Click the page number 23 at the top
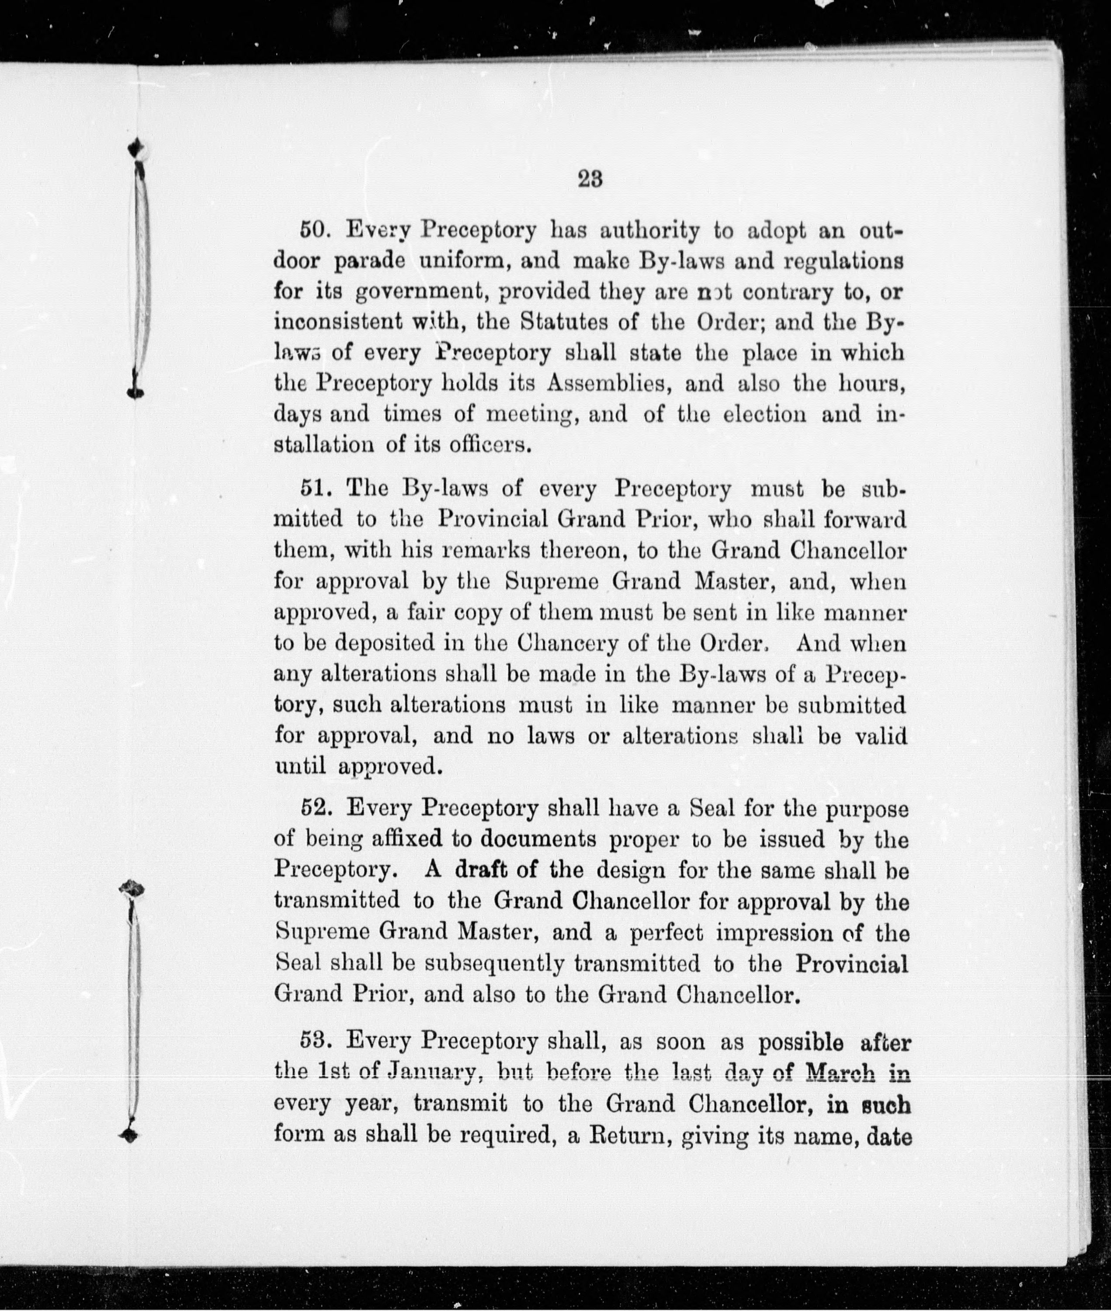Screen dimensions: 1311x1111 coord(590,180)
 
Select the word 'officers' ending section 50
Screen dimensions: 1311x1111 coord(489,445)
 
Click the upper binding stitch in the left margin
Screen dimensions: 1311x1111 coord(137,271)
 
